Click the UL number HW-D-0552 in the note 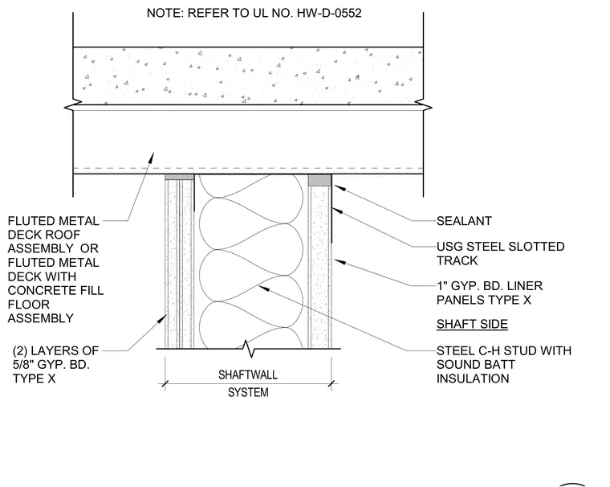[x=329, y=13]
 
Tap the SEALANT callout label [x=464, y=221]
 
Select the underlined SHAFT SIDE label [x=472, y=324]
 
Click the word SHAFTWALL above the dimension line [x=248, y=374]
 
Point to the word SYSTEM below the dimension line [x=248, y=392]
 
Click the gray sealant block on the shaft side [x=319, y=180]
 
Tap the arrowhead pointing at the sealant [x=340, y=188]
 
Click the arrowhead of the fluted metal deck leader [x=152, y=158]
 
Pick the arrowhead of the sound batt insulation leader [x=263, y=289]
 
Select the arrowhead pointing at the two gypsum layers [x=163, y=320]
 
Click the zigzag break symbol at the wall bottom [x=247, y=348]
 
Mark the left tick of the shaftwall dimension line [x=165, y=384]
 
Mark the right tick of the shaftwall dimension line [x=331, y=384]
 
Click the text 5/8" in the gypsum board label [x=23, y=365]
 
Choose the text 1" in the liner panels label [x=441, y=286]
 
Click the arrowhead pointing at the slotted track [x=337, y=211]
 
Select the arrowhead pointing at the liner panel [x=340, y=261]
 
